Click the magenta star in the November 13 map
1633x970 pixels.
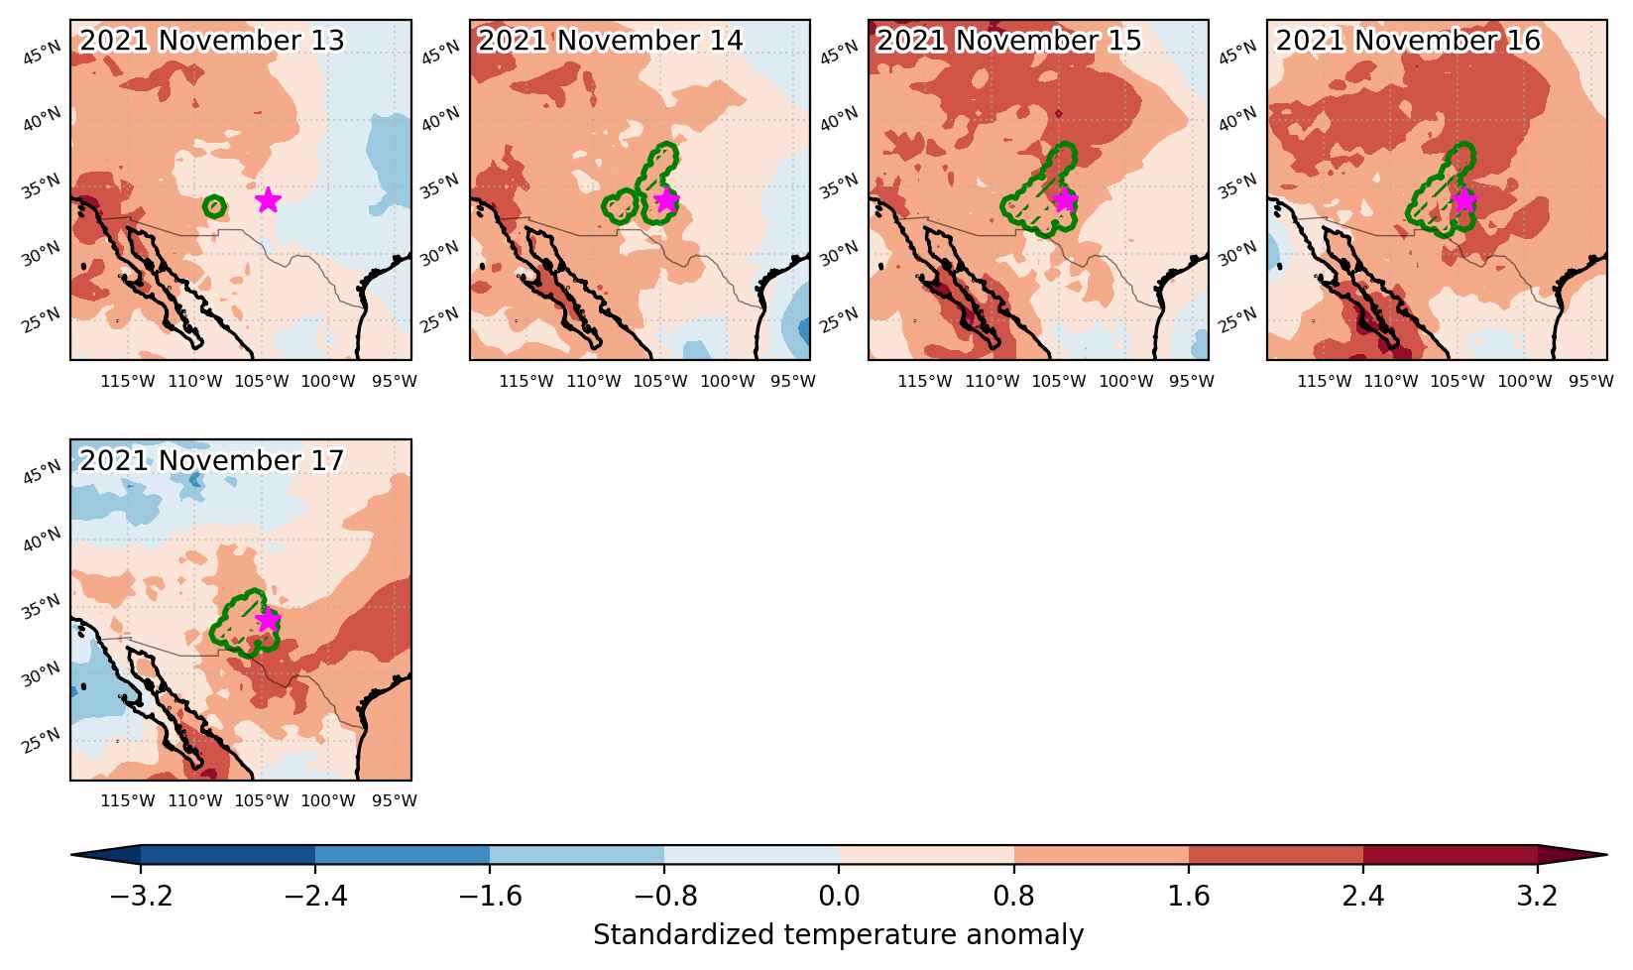click(269, 199)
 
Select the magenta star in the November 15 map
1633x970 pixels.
click(1066, 199)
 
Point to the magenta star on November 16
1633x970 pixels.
click(1464, 199)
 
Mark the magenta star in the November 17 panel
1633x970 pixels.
click(269, 620)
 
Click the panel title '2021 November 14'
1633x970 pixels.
click(610, 41)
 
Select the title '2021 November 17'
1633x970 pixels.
click(211, 461)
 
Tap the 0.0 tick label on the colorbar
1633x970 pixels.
click(839, 896)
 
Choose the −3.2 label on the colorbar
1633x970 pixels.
click(141, 896)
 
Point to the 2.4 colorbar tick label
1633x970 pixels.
click(1363, 896)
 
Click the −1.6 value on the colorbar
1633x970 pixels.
click(490, 896)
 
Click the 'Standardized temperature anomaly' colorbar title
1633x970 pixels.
click(839, 935)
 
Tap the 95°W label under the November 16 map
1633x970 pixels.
click(1590, 382)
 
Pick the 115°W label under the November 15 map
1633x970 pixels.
click(924, 382)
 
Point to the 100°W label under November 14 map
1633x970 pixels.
click(728, 382)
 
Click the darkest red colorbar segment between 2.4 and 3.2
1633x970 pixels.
click(1450, 856)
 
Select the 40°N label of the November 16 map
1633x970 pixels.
click(1237, 119)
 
